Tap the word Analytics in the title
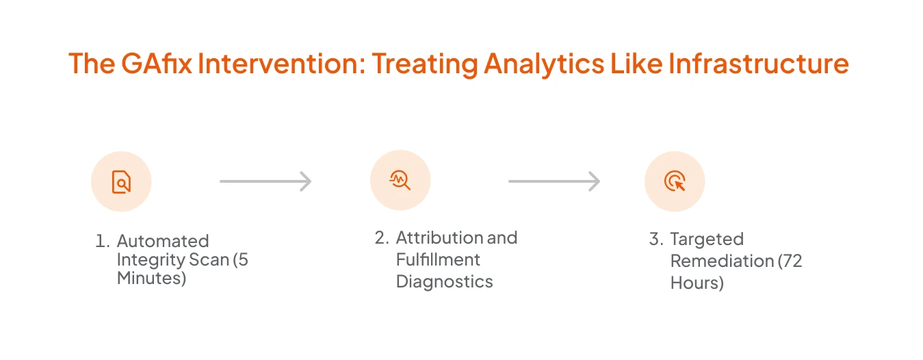click(x=544, y=64)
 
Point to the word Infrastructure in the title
click(x=759, y=64)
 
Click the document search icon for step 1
click(x=121, y=181)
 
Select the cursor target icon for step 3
click(x=675, y=181)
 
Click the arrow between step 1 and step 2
click(x=265, y=181)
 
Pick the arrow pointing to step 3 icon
click(x=554, y=181)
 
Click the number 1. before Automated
click(x=103, y=242)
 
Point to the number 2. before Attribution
click(x=382, y=238)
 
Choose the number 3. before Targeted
click(x=656, y=240)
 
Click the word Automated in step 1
click(x=163, y=241)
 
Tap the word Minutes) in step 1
click(x=151, y=279)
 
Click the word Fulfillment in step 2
click(x=438, y=259)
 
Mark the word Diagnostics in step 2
click(x=444, y=281)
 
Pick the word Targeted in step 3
click(x=706, y=239)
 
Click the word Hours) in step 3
click(x=697, y=283)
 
